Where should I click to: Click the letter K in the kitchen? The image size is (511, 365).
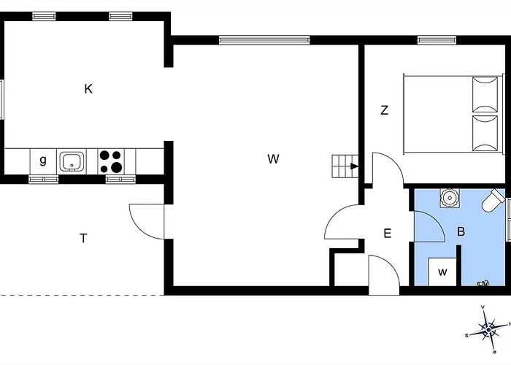[88, 88]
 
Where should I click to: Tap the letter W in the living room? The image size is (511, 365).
[273, 159]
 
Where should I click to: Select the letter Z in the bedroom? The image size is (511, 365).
[385, 110]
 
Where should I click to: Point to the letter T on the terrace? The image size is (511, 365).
[83, 238]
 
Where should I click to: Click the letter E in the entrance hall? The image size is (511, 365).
[387, 234]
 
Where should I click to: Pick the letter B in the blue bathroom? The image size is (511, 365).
[461, 231]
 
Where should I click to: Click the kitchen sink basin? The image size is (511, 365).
[72, 161]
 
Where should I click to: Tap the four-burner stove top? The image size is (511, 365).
[111, 161]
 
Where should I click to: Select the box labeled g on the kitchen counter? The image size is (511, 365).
[43, 161]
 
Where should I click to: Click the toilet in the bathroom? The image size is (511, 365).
[493, 201]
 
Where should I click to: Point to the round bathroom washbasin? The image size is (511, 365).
[450, 198]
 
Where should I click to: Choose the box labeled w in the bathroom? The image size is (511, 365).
[442, 272]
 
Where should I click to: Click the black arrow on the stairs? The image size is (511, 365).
[354, 166]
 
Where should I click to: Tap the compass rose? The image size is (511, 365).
[488, 330]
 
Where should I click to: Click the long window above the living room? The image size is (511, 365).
[264, 40]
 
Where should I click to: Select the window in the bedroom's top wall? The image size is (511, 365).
[437, 40]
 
